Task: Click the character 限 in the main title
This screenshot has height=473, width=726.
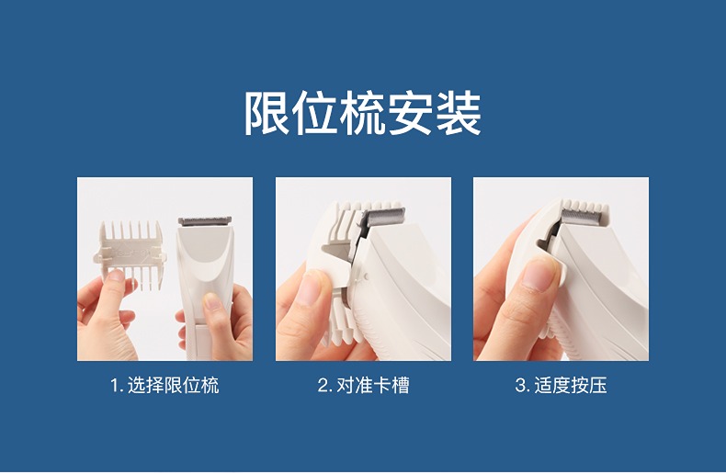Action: [x=267, y=113]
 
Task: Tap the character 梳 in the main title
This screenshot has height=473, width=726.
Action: [x=362, y=113]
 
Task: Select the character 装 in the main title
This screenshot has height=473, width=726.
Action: [x=459, y=113]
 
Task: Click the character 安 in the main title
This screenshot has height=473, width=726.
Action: [x=410, y=113]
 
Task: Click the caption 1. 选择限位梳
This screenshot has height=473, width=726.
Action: [x=164, y=385]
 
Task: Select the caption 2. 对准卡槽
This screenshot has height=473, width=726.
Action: [x=364, y=385]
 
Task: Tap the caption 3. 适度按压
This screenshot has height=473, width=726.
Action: [x=561, y=385]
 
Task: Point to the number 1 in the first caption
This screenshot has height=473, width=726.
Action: [x=114, y=386]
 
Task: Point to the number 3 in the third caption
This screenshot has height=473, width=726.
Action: [x=520, y=386]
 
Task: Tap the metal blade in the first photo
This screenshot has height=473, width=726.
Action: [x=205, y=220]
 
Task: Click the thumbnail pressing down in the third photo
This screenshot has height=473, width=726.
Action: [x=539, y=275]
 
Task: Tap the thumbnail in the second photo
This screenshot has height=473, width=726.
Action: [x=312, y=287]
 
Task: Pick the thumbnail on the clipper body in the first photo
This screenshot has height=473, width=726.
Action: [x=213, y=301]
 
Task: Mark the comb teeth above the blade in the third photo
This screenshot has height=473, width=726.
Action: [x=584, y=205]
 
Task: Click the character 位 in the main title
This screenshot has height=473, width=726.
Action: [x=314, y=113]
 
